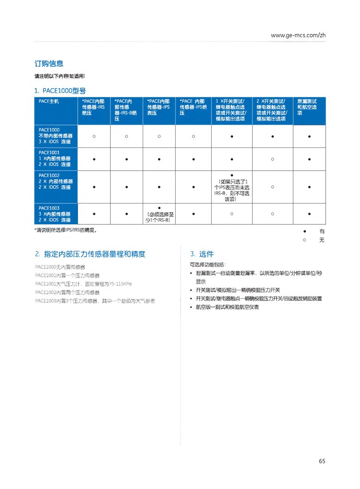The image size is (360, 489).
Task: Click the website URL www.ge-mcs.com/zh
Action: pos(298,35)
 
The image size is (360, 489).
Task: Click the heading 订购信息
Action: pos(49,64)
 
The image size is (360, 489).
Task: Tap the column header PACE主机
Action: pos(49,101)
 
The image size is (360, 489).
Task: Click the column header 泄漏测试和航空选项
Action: pos(307,107)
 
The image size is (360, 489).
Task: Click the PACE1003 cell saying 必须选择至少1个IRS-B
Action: pos(159,216)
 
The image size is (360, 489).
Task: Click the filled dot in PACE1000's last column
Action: pos(309,136)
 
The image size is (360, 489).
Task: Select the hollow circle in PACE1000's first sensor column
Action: pos(94,136)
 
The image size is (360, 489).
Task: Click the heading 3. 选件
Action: pos(202,254)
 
